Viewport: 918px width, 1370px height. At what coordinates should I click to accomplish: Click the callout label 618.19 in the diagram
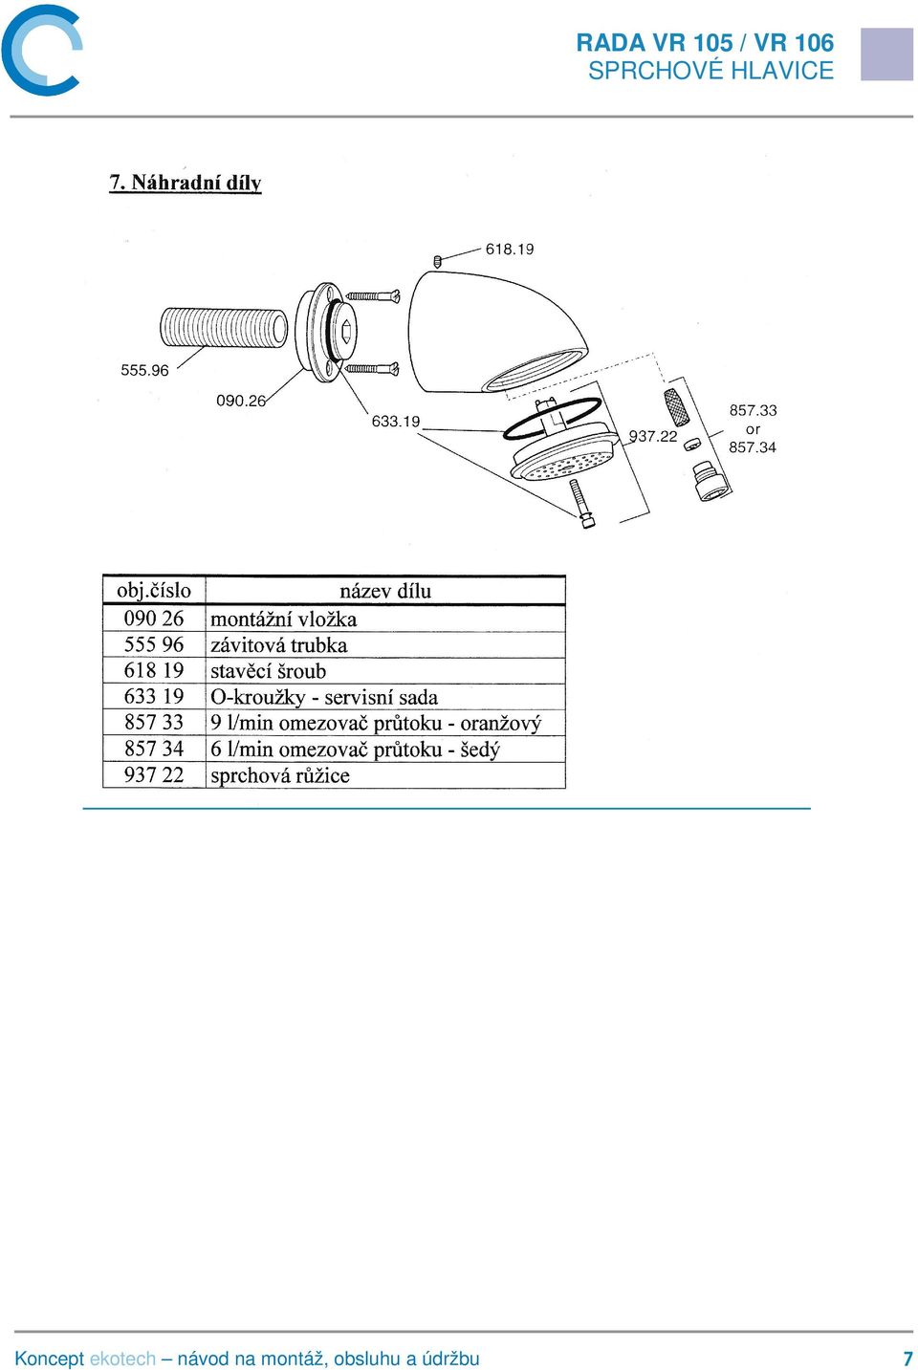click(x=509, y=249)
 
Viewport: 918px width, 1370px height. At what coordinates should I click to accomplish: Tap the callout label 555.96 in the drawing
click(x=144, y=370)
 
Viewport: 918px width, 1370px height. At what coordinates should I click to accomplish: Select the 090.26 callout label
click(x=241, y=401)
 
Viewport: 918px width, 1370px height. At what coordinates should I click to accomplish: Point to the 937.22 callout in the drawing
click(x=653, y=436)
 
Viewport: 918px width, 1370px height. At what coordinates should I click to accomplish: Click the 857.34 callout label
click(x=753, y=447)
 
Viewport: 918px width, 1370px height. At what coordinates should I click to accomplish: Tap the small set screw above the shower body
click(x=438, y=262)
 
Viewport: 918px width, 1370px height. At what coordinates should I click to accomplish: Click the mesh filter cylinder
click(x=678, y=407)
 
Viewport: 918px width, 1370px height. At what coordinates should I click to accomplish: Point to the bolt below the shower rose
click(x=581, y=504)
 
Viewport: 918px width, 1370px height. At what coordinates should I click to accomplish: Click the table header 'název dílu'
click(x=385, y=591)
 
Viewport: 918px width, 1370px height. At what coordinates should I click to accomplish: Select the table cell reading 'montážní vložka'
click(x=283, y=619)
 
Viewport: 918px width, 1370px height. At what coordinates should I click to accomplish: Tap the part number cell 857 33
click(x=154, y=723)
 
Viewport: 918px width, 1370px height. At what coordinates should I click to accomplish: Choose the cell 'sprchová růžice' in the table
click(x=280, y=775)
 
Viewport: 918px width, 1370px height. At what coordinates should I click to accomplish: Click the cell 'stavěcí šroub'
click(x=268, y=671)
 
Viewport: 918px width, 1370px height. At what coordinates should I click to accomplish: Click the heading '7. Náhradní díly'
click(x=186, y=183)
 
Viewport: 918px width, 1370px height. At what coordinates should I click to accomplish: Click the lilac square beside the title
click(x=886, y=54)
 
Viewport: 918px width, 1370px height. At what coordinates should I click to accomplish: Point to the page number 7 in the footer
click(x=907, y=1359)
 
